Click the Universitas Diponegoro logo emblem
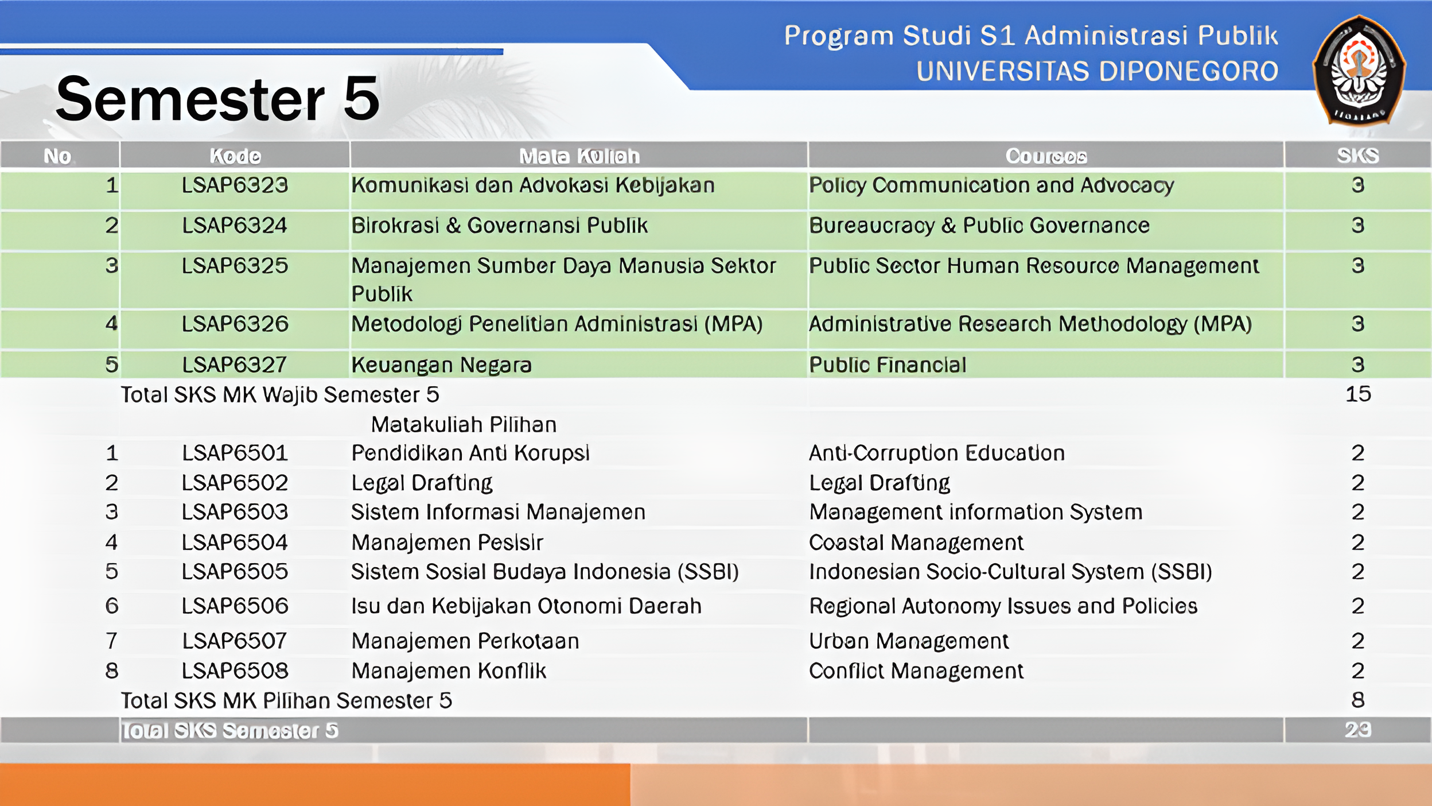pyautogui.click(x=1359, y=70)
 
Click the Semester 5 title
pyautogui.click(x=218, y=99)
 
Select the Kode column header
pyautogui.click(x=235, y=156)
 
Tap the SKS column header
pyautogui.click(x=1357, y=156)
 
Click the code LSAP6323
pyautogui.click(x=235, y=185)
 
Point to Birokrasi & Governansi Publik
pyautogui.click(x=499, y=226)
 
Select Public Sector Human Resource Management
pyautogui.click(x=1034, y=266)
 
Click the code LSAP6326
pyautogui.click(x=235, y=324)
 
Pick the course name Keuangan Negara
pyautogui.click(x=441, y=365)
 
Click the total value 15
pyautogui.click(x=1358, y=394)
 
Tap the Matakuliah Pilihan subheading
pyautogui.click(x=464, y=425)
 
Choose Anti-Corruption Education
pyautogui.click(x=936, y=454)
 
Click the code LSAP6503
pyautogui.click(x=235, y=512)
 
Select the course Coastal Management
pyautogui.click(x=916, y=542)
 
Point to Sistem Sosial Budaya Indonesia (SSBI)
pyautogui.click(x=544, y=572)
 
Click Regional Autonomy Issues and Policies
pyautogui.click(x=1003, y=606)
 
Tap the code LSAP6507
pyautogui.click(x=235, y=641)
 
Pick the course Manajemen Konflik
pyautogui.click(x=449, y=671)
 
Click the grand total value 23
pyautogui.click(x=1357, y=730)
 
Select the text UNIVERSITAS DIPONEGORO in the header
pyautogui.click(x=1097, y=71)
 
